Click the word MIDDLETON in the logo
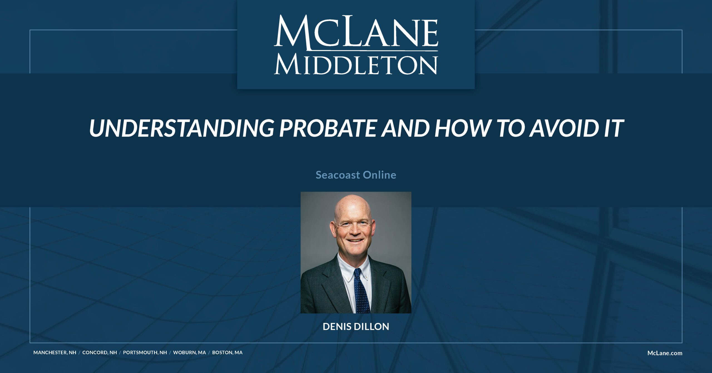[356, 65]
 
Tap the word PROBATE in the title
[328, 128]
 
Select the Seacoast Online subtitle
[356, 175]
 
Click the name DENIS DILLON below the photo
[356, 327]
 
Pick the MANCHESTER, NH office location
[55, 352]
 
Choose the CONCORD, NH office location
[100, 352]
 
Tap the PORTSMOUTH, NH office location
[145, 352]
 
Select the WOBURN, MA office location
[189, 352]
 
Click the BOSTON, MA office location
[227, 352]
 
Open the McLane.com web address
[665, 353]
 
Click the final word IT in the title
[613, 128]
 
